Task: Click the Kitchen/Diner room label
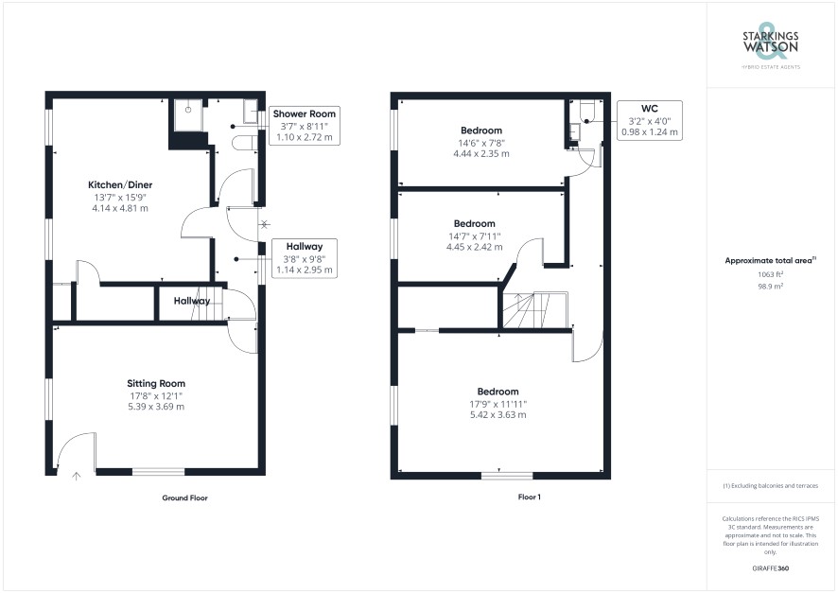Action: pyautogui.click(x=120, y=184)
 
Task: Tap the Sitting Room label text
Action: pyautogui.click(x=156, y=384)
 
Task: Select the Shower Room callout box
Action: pyautogui.click(x=305, y=126)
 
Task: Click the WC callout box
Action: pyautogui.click(x=650, y=120)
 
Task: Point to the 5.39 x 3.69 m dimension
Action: pyautogui.click(x=156, y=407)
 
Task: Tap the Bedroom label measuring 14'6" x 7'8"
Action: pyautogui.click(x=481, y=131)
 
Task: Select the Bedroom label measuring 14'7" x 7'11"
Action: pyautogui.click(x=475, y=224)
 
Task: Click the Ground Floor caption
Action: pyautogui.click(x=185, y=497)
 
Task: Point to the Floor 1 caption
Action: pyautogui.click(x=529, y=497)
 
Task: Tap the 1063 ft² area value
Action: pyautogui.click(x=770, y=274)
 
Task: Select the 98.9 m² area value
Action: pyautogui.click(x=770, y=287)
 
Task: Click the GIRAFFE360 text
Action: pyautogui.click(x=770, y=568)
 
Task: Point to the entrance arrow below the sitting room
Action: pyautogui.click(x=77, y=476)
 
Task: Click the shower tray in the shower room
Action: pyautogui.click(x=188, y=114)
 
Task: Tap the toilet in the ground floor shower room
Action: pyautogui.click(x=244, y=143)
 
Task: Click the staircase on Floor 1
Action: pyautogui.click(x=535, y=310)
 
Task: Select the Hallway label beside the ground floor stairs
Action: pyautogui.click(x=191, y=301)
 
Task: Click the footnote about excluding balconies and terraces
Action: pyautogui.click(x=770, y=486)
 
